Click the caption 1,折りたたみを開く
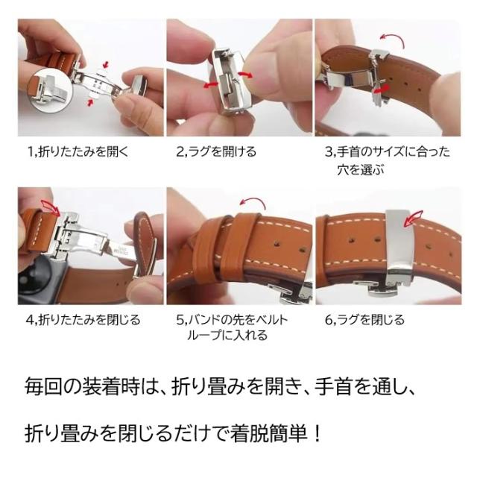click(78, 152)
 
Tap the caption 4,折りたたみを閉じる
click(83, 320)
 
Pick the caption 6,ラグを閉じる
click(364, 320)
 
